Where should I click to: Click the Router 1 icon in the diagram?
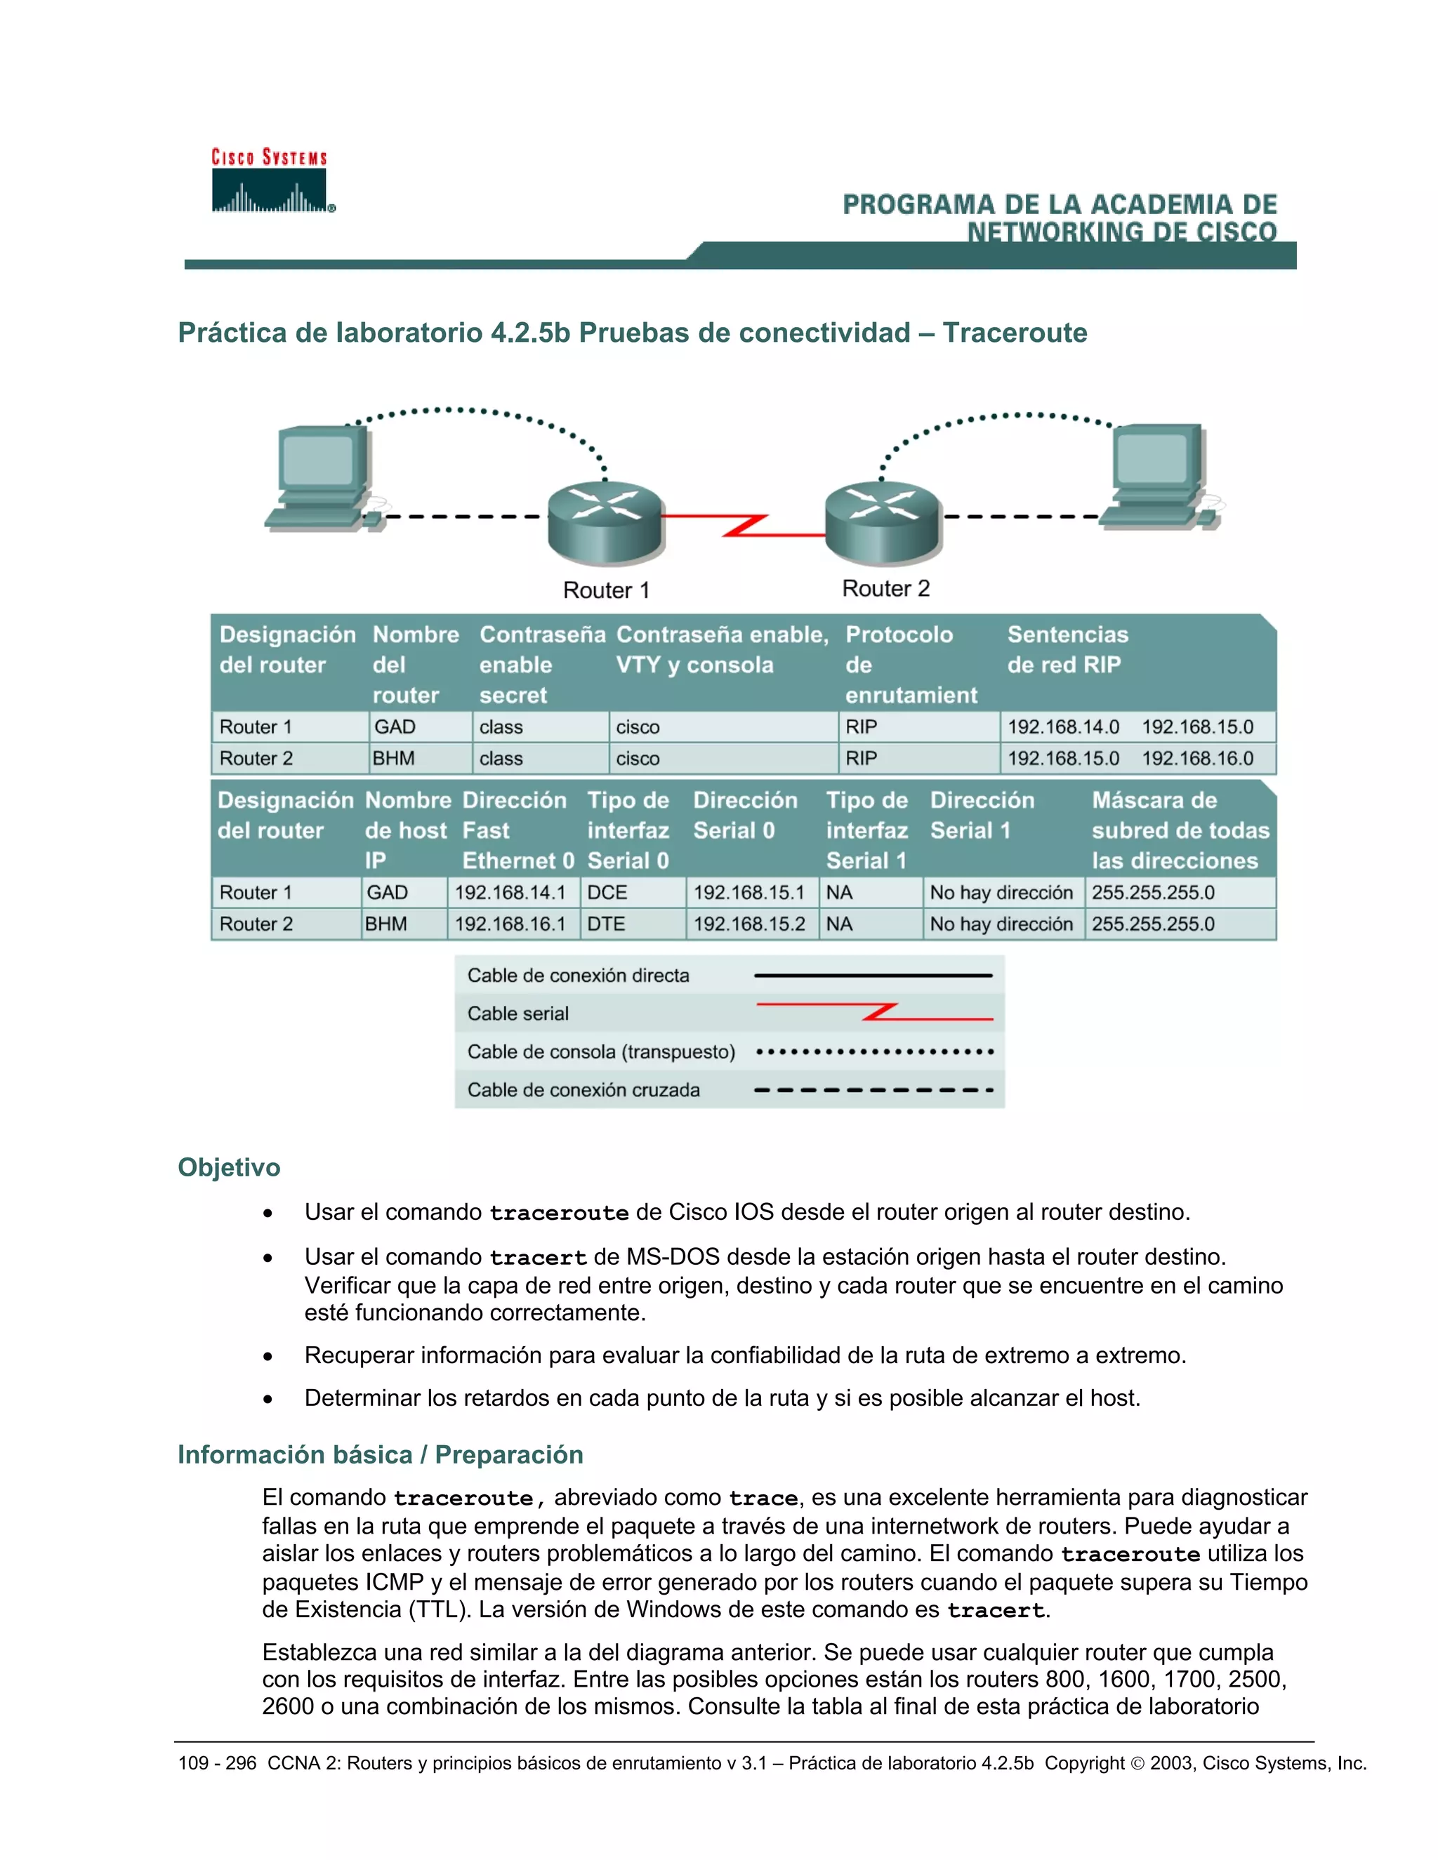(x=605, y=522)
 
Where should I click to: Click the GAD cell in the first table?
(x=395, y=727)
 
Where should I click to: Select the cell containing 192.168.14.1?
(x=510, y=893)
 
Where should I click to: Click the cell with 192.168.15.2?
(x=748, y=924)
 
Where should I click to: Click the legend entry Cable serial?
(x=518, y=1014)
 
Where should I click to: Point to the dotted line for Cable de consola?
(x=874, y=1052)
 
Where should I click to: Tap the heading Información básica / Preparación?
(x=380, y=1454)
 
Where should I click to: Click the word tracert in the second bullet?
(x=538, y=1258)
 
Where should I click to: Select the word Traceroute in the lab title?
(x=1015, y=332)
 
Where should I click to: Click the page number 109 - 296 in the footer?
(x=216, y=1763)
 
